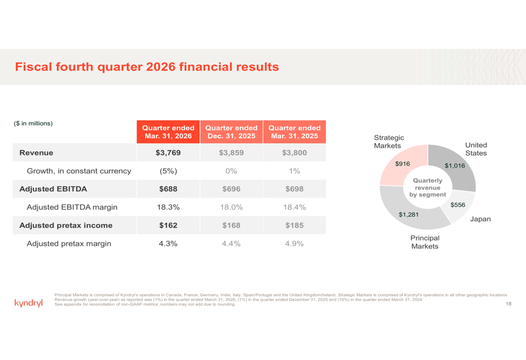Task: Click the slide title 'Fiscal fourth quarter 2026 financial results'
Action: click(147, 67)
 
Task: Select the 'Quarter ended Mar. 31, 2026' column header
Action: click(168, 132)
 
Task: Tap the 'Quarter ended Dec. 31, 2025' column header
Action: click(231, 132)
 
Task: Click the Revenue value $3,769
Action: click(168, 153)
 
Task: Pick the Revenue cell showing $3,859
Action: click(231, 153)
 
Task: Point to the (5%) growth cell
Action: click(168, 171)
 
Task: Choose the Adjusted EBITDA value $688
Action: click(168, 189)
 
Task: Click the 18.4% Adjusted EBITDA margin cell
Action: click(295, 207)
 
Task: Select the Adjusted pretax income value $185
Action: click(295, 225)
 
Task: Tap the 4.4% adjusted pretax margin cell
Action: click(231, 244)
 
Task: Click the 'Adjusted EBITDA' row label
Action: click(53, 189)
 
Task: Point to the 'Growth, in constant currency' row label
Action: click(79, 171)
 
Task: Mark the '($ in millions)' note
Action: click(33, 124)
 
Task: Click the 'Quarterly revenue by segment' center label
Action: click(428, 188)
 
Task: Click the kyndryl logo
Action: click(29, 303)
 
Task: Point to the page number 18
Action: click(509, 304)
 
